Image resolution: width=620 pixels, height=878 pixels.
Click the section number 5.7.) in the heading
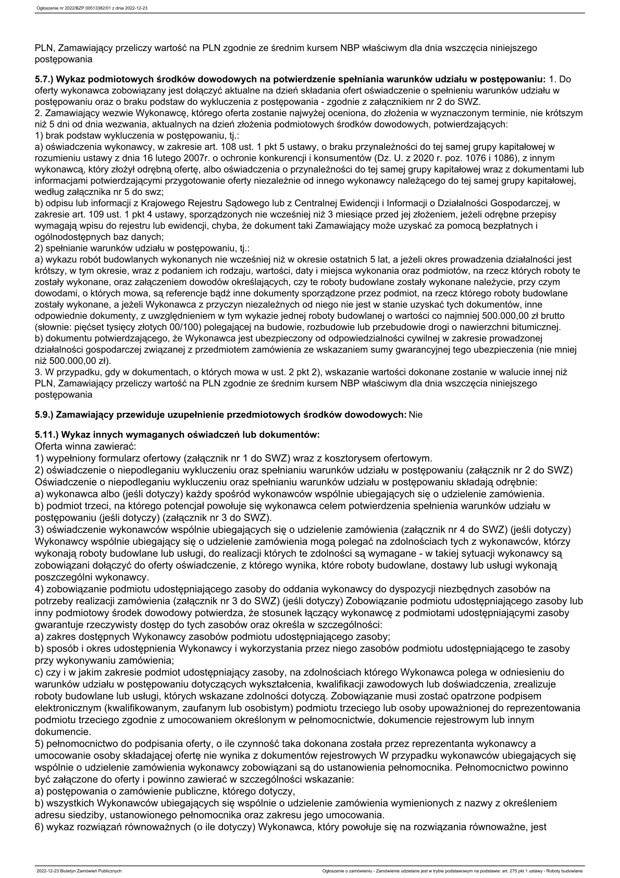(x=43, y=79)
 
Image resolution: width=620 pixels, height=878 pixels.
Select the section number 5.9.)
(x=43, y=415)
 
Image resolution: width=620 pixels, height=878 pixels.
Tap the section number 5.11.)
(x=45, y=434)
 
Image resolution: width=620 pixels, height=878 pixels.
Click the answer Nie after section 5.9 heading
(x=416, y=415)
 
